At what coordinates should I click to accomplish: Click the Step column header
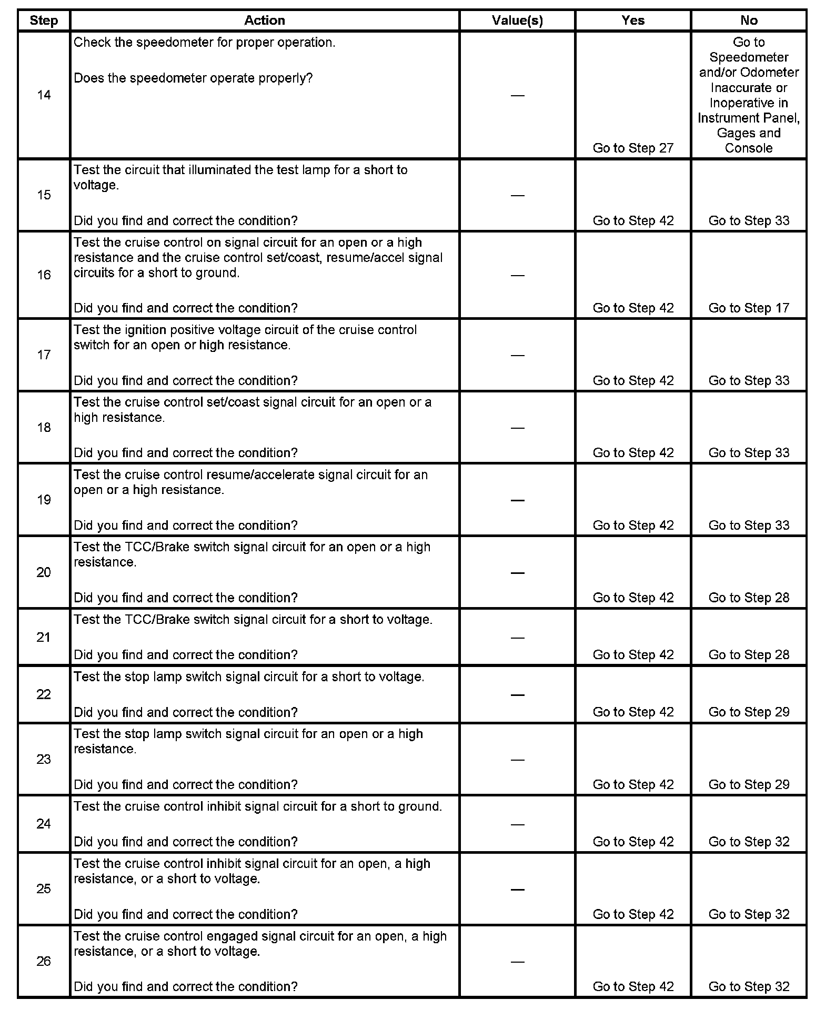(44, 21)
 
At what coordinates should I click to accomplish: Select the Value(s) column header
(517, 21)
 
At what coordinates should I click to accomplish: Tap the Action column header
(265, 21)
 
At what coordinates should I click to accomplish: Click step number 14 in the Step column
(44, 95)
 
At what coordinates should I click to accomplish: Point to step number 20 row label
(44, 572)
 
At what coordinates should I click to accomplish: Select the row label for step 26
(44, 961)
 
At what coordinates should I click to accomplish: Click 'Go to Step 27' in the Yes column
(633, 148)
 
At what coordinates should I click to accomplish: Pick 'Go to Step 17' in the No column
(749, 308)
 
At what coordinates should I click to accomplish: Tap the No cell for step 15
(749, 221)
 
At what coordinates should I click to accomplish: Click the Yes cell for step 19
(633, 526)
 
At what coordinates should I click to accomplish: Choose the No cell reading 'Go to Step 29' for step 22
(749, 712)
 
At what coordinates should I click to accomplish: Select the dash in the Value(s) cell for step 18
(518, 428)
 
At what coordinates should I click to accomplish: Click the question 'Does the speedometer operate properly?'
(193, 78)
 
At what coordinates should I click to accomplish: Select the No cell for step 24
(749, 842)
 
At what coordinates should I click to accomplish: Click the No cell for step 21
(749, 655)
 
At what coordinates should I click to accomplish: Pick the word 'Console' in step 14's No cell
(749, 148)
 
